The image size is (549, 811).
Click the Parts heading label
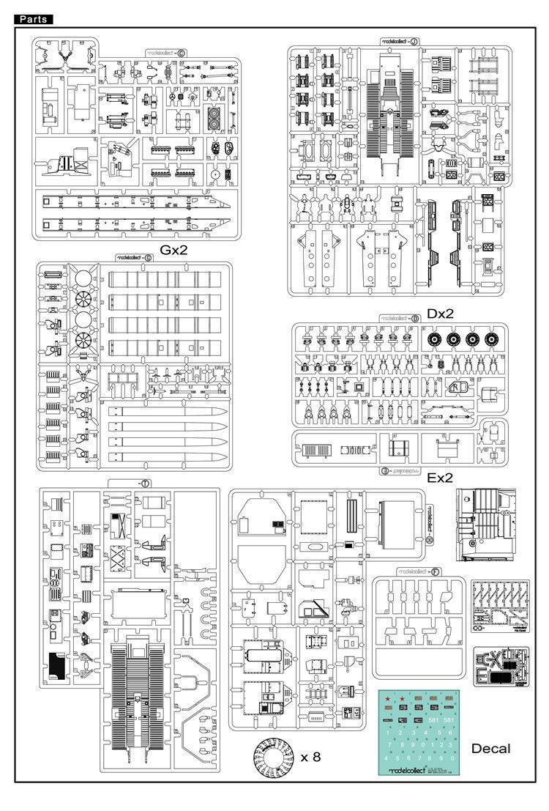pyautogui.click(x=33, y=19)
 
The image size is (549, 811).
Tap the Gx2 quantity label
pyautogui.click(x=169, y=250)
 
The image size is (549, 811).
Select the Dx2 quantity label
pyautogui.click(x=441, y=313)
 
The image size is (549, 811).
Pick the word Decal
pyautogui.click(x=490, y=748)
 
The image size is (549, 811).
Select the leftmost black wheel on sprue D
pyautogui.click(x=433, y=340)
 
